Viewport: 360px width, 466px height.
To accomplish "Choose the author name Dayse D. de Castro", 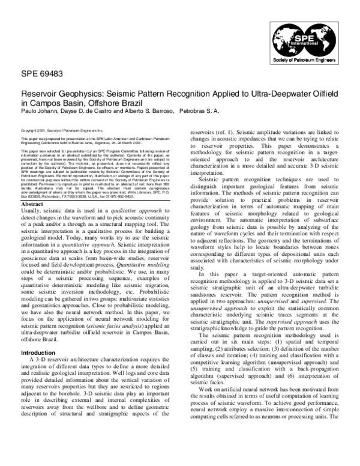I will click(x=89, y=110).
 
